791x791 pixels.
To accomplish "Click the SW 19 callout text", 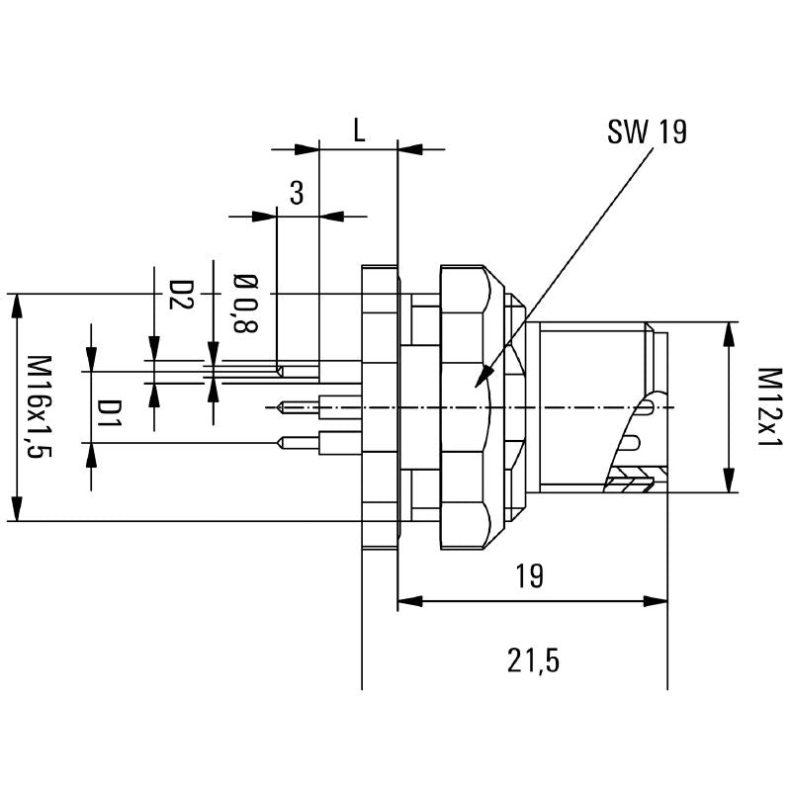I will click(x=647, y=132).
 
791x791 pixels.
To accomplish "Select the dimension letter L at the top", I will click(x=359, y=132).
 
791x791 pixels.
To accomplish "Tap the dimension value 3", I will click(x=296, y=193).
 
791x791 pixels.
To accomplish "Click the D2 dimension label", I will click(x=179, y=295).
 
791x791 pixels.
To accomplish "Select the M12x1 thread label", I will click(x=769, y=406).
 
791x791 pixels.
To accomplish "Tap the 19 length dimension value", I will click(x=530, y=576).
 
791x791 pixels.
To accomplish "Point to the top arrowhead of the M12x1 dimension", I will click(x=730, y=330).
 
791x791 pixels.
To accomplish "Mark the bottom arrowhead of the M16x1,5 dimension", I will click(x=17, y=510).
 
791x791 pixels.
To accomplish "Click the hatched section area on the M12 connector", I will click(x=629, y=483).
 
